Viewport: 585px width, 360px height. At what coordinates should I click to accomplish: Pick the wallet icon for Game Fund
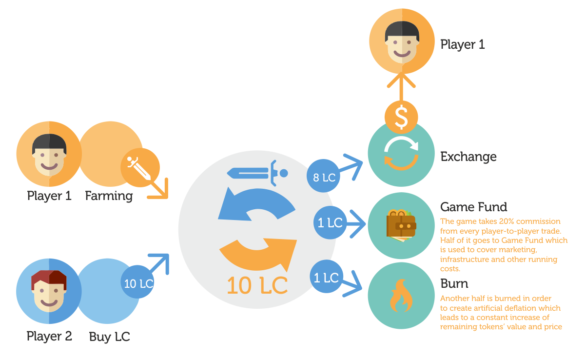point(401,225)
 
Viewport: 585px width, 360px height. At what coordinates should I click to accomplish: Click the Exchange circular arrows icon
point(401,153)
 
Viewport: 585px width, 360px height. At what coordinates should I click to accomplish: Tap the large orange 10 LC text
point(256,285)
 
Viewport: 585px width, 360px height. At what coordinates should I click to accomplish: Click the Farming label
point(109,196)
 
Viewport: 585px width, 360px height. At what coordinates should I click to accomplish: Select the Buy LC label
point(110,337)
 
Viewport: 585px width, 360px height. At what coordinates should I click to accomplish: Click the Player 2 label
point(49,336)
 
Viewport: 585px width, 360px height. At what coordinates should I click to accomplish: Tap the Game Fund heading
point(473,207)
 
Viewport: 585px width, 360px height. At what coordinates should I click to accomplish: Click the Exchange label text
point(468,157)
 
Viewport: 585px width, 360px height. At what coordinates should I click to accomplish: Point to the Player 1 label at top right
point(462,44)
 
